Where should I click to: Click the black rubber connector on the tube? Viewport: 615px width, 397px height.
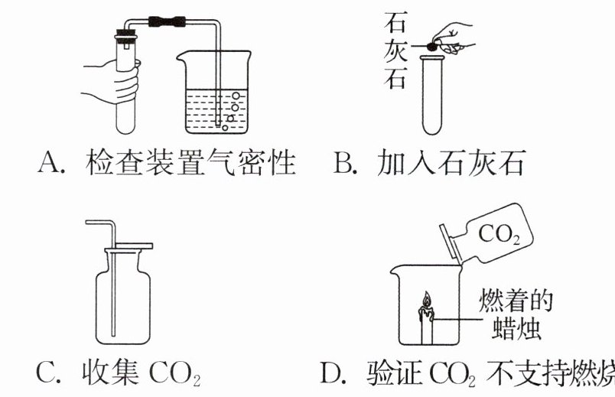coord(167,21)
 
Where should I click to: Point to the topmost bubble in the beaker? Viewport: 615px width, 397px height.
coord(236,96)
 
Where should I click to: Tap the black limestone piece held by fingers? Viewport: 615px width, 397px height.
coord(431,47)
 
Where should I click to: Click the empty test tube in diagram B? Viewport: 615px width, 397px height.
coord(432,95)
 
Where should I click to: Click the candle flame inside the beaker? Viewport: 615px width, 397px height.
coord(427,299)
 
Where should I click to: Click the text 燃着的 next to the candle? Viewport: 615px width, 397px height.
coord(516,301)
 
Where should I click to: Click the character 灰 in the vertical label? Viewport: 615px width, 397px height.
coord(395,50)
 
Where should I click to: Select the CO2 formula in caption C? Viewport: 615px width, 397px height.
coord(175,373)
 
